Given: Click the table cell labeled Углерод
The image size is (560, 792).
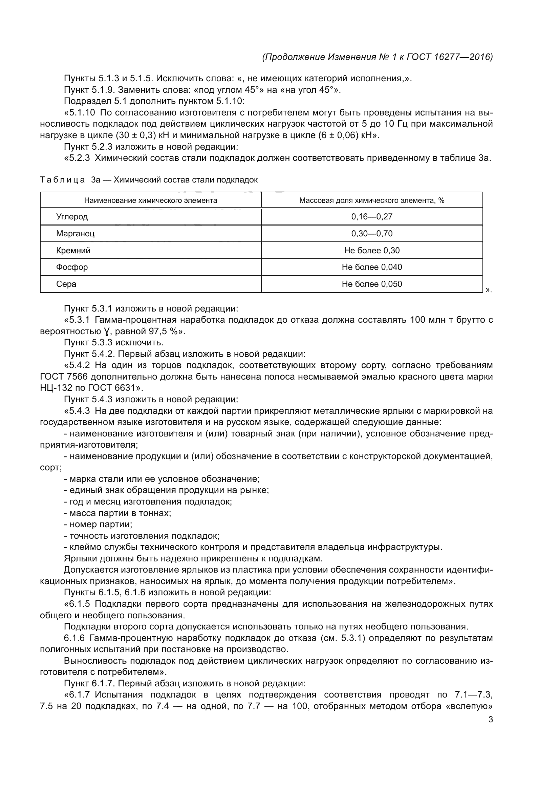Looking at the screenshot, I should pyautogui.click(x=72, y=217).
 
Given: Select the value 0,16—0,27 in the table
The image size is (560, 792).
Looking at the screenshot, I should pyautogui.click(x=372, y=217).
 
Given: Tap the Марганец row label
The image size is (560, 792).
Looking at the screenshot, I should pyautogui.click(x=75, y=234).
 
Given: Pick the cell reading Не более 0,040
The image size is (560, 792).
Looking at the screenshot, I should pyautogui.click(x=372, y=267).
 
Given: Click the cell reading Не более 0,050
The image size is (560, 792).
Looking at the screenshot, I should pyautogui.click(x=372, y=284).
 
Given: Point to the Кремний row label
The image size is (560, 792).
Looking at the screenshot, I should pyautogui.click(x=73, y=251).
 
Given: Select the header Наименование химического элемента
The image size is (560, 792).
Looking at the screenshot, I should pyautogui.click(x=151, y=200).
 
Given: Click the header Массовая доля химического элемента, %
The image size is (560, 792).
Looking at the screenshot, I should pyautogui.click(x=372, y=200).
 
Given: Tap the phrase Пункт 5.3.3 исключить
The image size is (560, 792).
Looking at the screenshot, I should pyautogui.click(x=114, y=343).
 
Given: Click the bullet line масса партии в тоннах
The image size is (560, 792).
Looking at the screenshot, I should pyautogui.click(x=120, y=513).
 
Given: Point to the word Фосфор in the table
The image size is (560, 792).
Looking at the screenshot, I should pyautogui.click(x=72, y=267).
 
